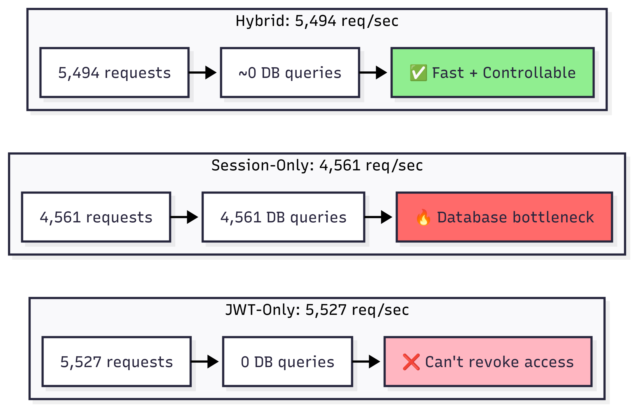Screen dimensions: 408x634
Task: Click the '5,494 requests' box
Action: pos(114,73)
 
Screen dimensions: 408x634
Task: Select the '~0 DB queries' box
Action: pos(290,73)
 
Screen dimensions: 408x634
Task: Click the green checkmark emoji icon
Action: pos(418,73)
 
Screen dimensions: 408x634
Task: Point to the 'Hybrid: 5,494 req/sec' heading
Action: pos(317,21)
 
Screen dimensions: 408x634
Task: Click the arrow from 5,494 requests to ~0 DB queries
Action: pos(202,72)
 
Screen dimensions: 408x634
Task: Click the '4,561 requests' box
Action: pos(96,217)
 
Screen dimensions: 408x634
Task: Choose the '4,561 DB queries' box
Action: pos(283,217)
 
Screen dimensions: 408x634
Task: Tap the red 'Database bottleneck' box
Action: pos(504,217)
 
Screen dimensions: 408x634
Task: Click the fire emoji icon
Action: pos(423,217)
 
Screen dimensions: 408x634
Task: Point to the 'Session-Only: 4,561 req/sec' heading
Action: pos(317,165)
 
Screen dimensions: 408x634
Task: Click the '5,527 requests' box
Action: pos(116,362)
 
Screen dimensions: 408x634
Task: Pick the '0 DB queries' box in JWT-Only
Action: pos(287,362)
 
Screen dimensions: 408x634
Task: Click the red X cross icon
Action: pos(411,362)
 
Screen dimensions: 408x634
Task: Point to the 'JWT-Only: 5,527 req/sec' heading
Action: pos(317,310)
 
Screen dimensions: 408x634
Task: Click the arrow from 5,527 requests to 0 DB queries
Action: pos(205,361)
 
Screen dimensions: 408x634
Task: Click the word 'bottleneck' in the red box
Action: pos(553,217)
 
